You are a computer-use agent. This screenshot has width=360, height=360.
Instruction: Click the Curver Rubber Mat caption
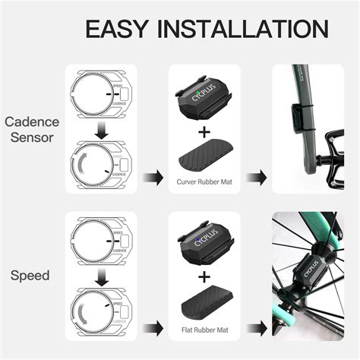pyautogui.click(x=203, y=182)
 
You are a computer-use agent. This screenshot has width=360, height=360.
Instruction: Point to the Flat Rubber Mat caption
pyautogui.click(x=203, y=330)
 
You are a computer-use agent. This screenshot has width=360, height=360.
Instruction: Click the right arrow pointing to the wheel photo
pyautogui.click(x=257, y=327)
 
